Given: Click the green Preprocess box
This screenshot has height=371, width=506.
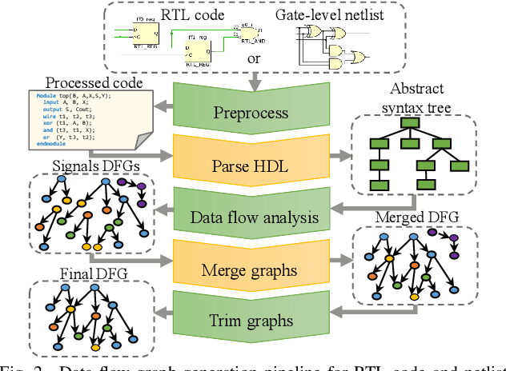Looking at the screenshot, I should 252,111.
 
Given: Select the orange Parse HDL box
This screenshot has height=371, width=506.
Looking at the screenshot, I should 252,166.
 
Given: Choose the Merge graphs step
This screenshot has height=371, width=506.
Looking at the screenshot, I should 252,269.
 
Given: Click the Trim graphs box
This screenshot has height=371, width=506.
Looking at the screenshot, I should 252,321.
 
